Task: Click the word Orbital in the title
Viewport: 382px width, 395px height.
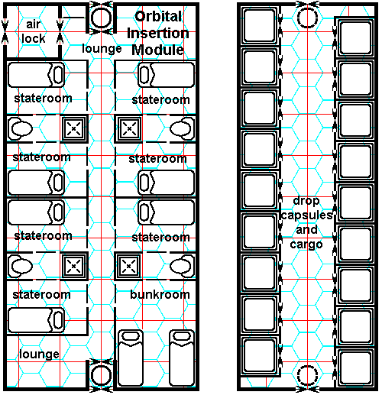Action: tap(158, 17)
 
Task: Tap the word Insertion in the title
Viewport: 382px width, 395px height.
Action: tap(158, 33)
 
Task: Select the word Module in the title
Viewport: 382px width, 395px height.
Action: tap(157, 50)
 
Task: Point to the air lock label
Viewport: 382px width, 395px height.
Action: tap(34, 31)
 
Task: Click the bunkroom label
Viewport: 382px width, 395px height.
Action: tap(160, 294)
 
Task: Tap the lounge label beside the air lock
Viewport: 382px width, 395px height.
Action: tap(102, 48)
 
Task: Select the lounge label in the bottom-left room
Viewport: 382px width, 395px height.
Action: tap(39, 354)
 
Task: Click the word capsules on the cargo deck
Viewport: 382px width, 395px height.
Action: tap(306, 215)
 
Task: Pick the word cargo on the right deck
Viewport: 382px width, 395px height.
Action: tap(306, 244)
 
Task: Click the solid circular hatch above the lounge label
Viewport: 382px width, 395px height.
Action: tap(102, 18)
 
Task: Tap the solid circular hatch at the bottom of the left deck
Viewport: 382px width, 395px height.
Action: tap(102, 375)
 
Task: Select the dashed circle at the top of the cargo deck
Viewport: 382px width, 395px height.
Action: tap(307, 18)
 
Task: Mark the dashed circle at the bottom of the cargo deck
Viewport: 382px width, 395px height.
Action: tap(307, 375)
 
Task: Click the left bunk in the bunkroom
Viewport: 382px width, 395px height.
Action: tap(131, 358)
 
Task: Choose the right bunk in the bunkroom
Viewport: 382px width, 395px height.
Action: tap(182, 358)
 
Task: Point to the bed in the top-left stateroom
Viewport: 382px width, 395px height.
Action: tap(36, 75)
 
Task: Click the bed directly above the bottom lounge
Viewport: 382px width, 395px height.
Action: tap(36, 320)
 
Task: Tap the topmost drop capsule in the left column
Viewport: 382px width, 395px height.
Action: tap(260, 26)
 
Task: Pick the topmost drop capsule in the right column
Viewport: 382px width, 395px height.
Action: tap(355, 38)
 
